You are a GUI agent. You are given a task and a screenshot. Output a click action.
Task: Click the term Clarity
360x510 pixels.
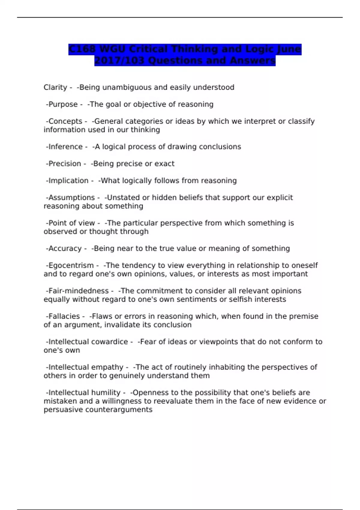point(55,88)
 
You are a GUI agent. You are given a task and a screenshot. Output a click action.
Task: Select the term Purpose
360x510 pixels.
point(63,104)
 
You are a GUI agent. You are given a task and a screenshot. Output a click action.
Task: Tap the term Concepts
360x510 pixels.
point(65,121)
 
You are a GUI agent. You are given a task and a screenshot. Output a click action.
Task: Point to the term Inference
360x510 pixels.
point(65,147)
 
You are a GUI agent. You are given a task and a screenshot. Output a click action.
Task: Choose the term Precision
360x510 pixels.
point(64,164)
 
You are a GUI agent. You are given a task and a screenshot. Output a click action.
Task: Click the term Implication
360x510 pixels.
point(68,181)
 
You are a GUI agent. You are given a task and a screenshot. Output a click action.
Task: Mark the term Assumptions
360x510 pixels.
point(71,198)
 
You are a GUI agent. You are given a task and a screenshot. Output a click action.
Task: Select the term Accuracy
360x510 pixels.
point(65,249)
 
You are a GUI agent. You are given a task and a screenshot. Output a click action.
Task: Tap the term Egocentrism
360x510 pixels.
point(71,265)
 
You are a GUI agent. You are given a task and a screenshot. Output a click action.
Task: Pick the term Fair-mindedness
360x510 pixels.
point(78,291)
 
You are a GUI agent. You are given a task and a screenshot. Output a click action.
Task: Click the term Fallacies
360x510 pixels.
point(64,316)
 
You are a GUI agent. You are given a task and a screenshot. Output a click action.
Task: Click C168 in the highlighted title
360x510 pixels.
point(82,49)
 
